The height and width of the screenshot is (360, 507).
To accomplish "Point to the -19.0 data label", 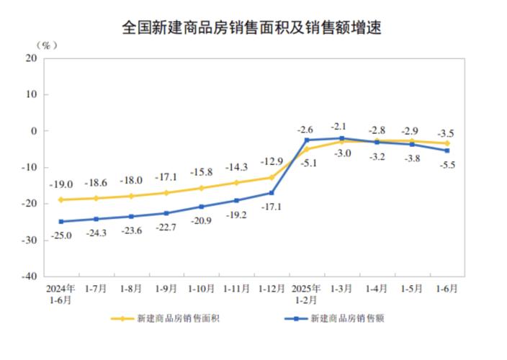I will pos(60,184).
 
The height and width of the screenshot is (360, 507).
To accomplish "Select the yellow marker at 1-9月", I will pos(166,192).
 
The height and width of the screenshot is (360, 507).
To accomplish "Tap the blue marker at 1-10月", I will pos(202,207).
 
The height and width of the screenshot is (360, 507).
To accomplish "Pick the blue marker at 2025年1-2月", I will pos(307,140).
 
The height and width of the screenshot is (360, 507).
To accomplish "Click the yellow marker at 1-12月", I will pos(272,177).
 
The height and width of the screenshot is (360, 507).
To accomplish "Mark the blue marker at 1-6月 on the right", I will pos(447,150).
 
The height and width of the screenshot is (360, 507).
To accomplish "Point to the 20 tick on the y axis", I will pos(31,58).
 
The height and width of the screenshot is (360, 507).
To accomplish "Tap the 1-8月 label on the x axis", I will pos(131,288).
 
